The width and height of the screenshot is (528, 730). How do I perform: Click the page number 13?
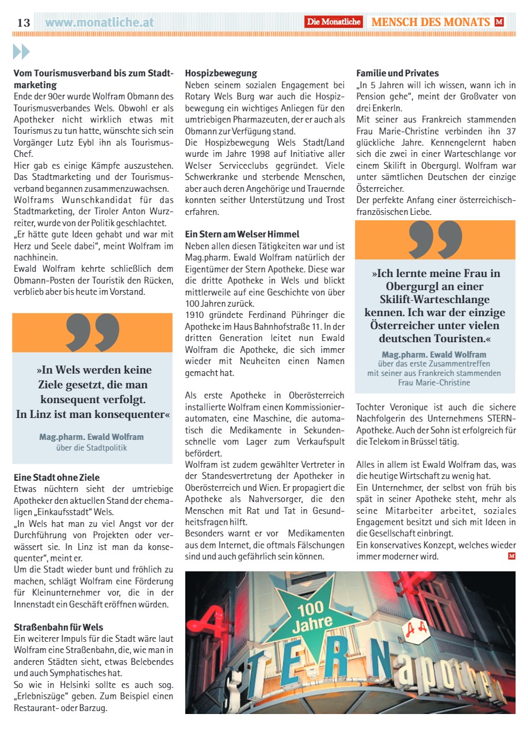pyautogui.click(x=23, y=22)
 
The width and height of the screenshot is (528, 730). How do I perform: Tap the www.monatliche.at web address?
pyautogui.click(x=99, y=22)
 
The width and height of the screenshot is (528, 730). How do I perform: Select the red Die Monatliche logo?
pyautogui.click(x=334, y=22)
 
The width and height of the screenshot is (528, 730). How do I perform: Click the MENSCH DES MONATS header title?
pyautogui.click(x=430, y=22)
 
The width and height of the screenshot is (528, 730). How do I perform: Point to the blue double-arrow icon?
pyautogui.click(x=21, y=52)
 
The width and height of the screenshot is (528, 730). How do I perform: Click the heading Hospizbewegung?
pyautogui.click(x=221, y=73)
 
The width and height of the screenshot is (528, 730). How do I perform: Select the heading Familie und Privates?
pyautogui.click(x=397, y=73)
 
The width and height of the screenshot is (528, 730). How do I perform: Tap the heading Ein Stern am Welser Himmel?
pyautogui.click(x=242, y=234)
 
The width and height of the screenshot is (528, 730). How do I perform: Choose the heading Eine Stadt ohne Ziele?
pyautogui.click(x=57, y=477)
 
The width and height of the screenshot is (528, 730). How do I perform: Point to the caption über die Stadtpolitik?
pyautogui.click(x=91, y=448)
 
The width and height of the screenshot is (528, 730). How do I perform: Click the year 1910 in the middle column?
pyautogui.click(x=195, y=314)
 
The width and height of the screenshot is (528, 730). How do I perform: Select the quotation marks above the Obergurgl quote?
pyautogui.click(x=435, y=240)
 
